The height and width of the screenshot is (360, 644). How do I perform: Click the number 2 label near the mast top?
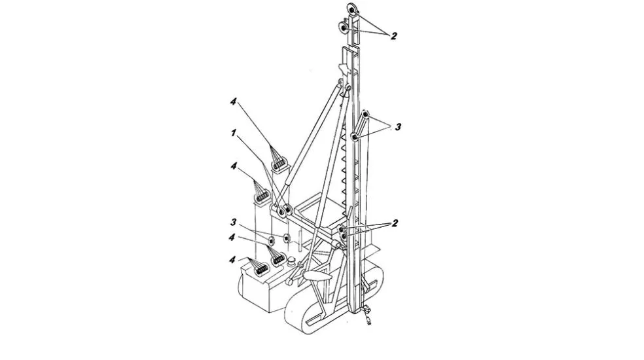point(394,36)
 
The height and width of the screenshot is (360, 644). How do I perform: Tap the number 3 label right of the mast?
point(397,128)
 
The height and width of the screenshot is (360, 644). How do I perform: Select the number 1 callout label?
point(234,133)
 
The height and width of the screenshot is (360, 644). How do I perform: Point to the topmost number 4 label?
point(233,101)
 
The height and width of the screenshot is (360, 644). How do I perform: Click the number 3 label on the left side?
point(233,223)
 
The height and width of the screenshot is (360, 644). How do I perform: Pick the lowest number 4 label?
point(232,260)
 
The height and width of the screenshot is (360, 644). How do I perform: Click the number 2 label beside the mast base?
point(395,224)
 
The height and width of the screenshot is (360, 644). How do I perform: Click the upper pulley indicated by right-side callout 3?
point(366,115)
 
